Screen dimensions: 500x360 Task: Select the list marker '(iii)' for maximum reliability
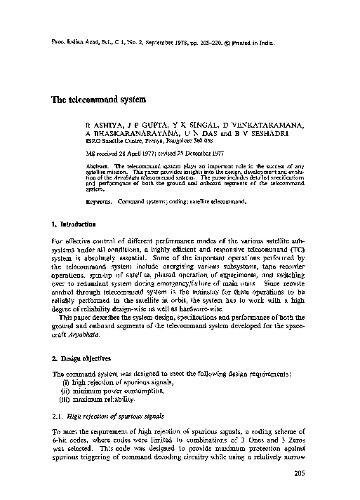68,399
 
